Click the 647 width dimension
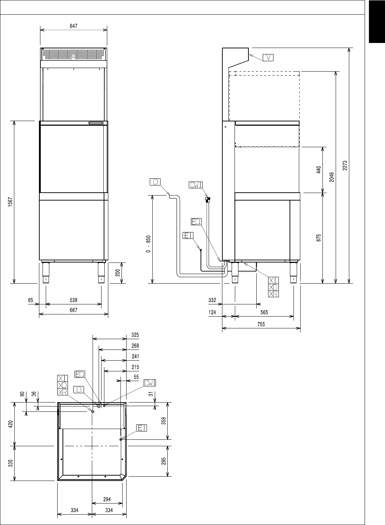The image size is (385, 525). (74, 26)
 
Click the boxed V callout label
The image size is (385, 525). (268, 57)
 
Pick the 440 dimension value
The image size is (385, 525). (319, 169)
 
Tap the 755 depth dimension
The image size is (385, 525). (261, 324)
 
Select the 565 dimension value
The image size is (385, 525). (264, 312)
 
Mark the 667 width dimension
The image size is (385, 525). (73, 310)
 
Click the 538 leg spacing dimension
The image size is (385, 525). (73, 300)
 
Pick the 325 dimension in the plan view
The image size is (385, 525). (135, 335)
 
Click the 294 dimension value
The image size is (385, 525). (107, 499)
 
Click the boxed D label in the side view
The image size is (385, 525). (155, 182)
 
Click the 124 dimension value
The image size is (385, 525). (212, 312)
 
